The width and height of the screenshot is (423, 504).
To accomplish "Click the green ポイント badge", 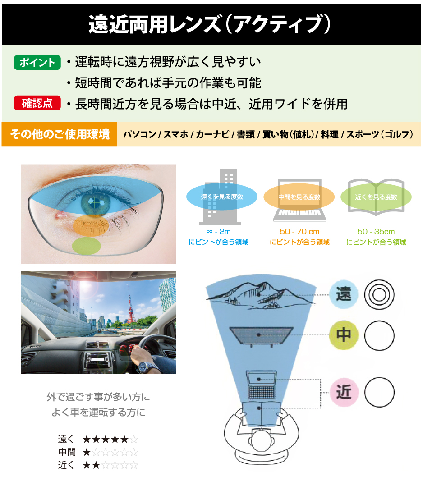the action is point(37,62).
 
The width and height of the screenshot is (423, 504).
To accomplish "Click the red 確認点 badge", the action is point(37,103).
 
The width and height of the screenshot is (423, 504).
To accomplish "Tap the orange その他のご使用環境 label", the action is point(60,134).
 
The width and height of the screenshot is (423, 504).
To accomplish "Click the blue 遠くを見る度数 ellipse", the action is point(222,197).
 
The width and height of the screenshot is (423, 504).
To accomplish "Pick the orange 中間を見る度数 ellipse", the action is point(299,197).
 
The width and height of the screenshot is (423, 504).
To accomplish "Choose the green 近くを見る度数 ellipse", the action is point(376,197).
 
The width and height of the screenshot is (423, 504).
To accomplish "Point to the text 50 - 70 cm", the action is point(299,231).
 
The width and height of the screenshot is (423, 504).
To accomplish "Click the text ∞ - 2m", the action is point(219,231).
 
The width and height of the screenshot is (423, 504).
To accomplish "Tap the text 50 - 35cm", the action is point(376,231).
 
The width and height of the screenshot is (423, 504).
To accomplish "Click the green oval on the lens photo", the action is point(87,246).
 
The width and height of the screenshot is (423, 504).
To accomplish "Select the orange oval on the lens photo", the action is point(91,226).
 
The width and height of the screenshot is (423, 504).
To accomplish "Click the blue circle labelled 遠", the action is point(344,294).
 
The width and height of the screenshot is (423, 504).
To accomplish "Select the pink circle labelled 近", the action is point(344,392).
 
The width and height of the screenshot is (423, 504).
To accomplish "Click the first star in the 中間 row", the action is point(87,452).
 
